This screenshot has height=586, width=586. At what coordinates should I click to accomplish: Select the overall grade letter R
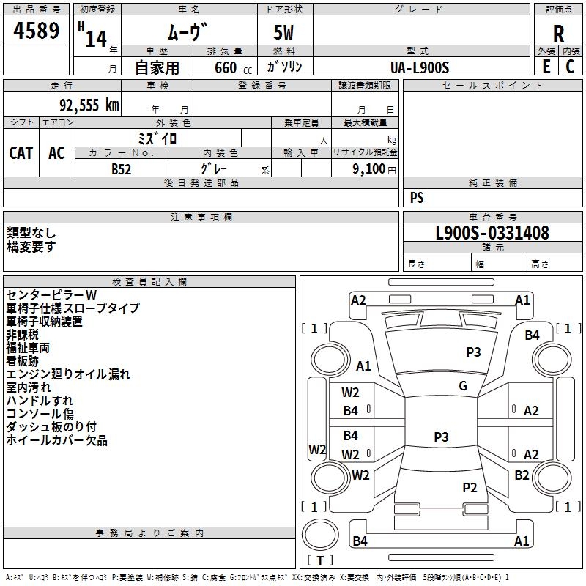pos(558,33)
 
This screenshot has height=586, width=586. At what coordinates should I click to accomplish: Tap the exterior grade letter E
pos(546,66)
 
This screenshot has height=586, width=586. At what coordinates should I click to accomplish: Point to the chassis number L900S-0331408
pos(492,234)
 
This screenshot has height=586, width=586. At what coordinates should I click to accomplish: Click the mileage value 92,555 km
pos(85,105)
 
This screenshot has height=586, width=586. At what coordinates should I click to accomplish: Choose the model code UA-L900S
pos(420,67)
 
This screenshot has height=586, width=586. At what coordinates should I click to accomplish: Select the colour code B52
pos(121,168)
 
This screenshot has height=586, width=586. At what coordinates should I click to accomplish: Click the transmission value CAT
pos(21,152)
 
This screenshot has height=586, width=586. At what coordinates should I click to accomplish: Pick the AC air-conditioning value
pos(56,152)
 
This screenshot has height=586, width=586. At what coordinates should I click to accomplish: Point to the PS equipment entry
pos(417,198)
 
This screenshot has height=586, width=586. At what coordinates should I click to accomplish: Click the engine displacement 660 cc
pos(224,67)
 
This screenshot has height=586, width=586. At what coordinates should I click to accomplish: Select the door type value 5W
pos(285,34)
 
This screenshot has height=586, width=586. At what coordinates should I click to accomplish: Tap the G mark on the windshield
pos(462,386)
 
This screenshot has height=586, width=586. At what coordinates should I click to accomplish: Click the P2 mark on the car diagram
pos(470,488)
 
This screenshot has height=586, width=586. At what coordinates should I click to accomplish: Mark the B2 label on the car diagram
pos(522,475)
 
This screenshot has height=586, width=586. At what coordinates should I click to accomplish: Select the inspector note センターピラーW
pos(51,294)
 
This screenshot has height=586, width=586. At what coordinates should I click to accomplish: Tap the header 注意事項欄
pos(201,217)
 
